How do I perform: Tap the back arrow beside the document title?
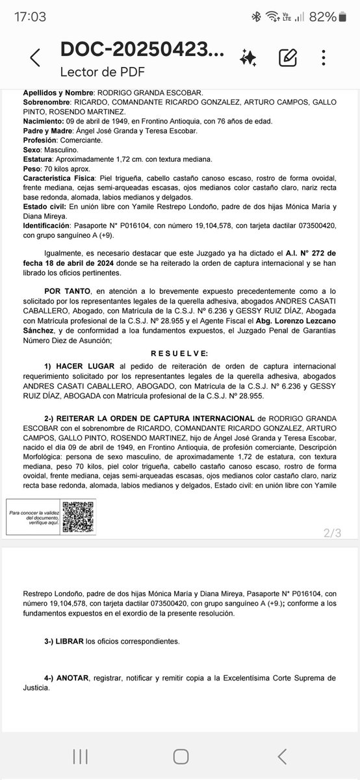[x=35, y=58]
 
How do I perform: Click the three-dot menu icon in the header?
[x=323, y=57]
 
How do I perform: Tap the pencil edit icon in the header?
[x=288, y=57]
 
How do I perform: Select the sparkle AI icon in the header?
[x=248, y=58]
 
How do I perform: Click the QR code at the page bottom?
[x=77, y=517]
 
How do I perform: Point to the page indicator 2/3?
[x=331, y=533]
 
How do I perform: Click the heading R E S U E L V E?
[x=179, y=353]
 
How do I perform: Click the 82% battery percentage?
[x=322, y=17]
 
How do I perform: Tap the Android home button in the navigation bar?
[x=180, y=756]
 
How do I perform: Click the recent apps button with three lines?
[x=80, y=756]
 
